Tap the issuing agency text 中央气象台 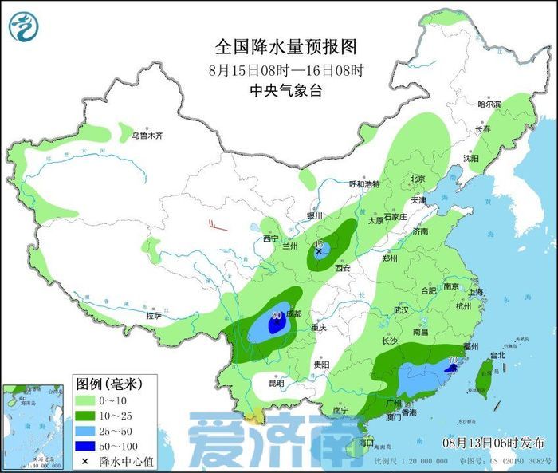(285, 90)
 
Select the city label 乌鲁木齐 (147, 136)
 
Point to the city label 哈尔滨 (488, 104)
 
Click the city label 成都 (293, 314)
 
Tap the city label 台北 (497, 355)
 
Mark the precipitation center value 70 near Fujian (454, 360)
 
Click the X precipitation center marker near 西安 (319, 251)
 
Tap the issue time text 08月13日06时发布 (493, 441)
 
